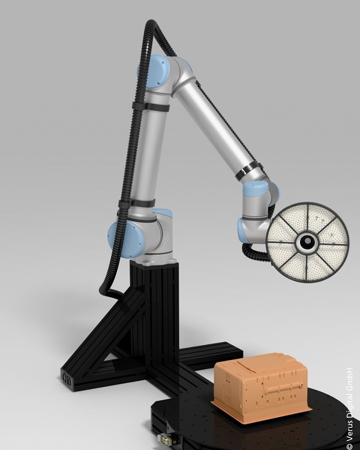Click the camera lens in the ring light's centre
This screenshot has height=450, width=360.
[x=307, y=242]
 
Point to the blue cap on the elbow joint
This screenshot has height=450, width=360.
[x=154, y=71]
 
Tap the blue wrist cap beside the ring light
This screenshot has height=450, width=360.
[x=255, y=189]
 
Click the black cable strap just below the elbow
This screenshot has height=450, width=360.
[x=151, y=107]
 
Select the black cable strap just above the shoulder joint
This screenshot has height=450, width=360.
[x=137, y=203]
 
